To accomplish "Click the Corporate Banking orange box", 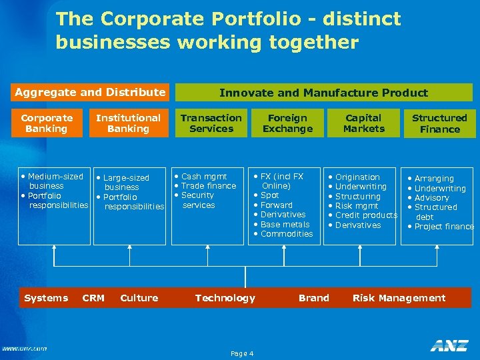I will click(x=47, y=123).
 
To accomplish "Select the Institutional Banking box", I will click(x=128, y=123).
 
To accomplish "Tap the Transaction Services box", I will click(x=211, y=123).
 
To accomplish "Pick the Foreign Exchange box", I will click(x=287, y=123).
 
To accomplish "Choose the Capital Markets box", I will click(x=363, y=123).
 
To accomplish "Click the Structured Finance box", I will click(x=439, y=124).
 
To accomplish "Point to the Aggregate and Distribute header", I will click(x=90, y=92).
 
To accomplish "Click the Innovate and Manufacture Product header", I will click(x=323, y=93).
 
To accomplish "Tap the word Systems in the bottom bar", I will click(x=46, y=298).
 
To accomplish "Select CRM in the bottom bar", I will click(x=93, y=298).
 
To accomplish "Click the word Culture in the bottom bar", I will click(x=139, y=298).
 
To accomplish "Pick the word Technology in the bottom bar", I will click(x=225, y=298).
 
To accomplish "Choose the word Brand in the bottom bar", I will click(x=314, y=298).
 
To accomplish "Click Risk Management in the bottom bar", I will click(x=399, y=298).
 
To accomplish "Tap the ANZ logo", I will click(x=449, y=345).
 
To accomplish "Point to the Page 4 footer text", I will click(x=241, y=353).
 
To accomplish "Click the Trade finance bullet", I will click(x=208, y=186).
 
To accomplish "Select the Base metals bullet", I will click(x=285, y=225).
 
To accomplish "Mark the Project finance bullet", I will click(x=443, y=227).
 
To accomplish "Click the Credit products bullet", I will click(x=366, y=215).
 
